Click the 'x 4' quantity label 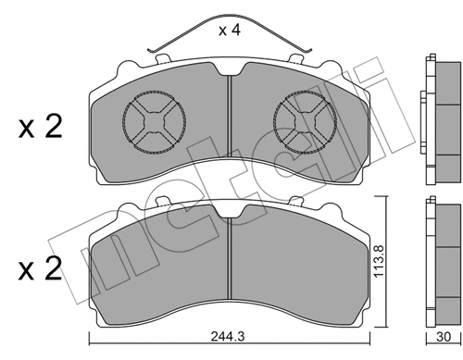231,31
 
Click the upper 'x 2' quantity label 40,128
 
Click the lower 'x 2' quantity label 40,269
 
